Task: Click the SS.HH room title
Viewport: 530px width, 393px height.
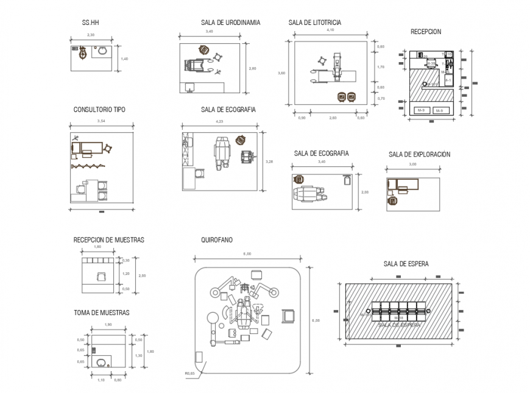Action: [x=90, y=23]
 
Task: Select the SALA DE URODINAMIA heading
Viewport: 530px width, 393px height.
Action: [x=230, y=23]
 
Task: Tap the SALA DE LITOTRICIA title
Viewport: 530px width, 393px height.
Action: [x=314, y=23]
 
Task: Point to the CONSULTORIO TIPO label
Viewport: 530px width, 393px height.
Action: [x=99, y=110]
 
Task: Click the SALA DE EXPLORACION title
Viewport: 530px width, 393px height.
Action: [x=419, y=155]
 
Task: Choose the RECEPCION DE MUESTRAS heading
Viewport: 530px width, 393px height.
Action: [x=108, y=240]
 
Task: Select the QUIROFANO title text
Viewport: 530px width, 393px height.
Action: [x=216, y=240]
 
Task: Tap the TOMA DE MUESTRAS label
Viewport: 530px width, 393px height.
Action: [x=101, y=313]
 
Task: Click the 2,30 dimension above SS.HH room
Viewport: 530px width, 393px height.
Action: [x=91, y=35]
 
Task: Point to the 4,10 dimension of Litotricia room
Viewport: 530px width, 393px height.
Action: [x=330, y=30]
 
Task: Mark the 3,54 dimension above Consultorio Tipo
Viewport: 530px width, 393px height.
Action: [x=101, y=121]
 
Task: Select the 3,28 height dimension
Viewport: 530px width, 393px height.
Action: [x=270, y=161]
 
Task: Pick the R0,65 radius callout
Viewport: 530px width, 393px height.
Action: [x=189, y=374]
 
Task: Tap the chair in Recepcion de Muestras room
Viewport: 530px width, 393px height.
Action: [x=100, y=276]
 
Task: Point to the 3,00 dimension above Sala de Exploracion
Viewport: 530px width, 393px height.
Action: [x=412, y=165]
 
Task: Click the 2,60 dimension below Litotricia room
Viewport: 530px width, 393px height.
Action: [x=333, y=117]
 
